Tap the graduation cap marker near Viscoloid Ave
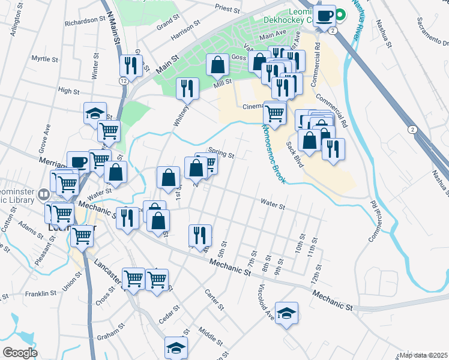coord(287,313)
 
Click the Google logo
coord(20,353)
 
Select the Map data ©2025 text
coord(423,355)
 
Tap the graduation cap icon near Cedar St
coord(176,347)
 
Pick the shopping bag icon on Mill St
coord(217,65)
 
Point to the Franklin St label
coord(41,294)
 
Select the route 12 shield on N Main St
coord(123,80)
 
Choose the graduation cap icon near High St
coord(95,113)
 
